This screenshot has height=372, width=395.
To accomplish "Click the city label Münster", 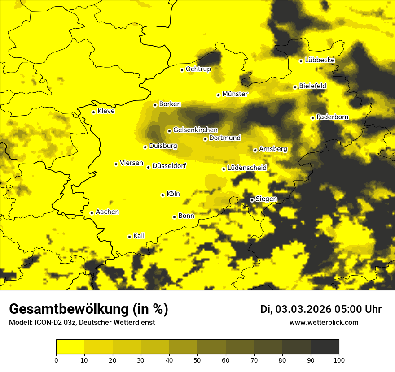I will (x=235, y=94).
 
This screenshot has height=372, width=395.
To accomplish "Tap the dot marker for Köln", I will (x=162, y=195).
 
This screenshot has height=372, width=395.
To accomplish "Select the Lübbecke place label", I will (x=320, y=60).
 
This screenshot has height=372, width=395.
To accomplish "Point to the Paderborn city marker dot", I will (x=312, y=118).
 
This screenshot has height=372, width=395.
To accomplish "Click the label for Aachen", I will (x=107, y=212).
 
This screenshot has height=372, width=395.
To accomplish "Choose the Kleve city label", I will (x=106, y=111).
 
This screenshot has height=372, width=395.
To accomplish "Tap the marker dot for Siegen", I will (x=252, y=200).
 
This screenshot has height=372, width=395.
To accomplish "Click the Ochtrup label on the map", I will (x=198, y=69).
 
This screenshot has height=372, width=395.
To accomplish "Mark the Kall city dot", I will (x=129, y=237).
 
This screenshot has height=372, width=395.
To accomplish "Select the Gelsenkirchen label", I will (x=195, y=130).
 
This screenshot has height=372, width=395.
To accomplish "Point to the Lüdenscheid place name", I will (x=247, y=168).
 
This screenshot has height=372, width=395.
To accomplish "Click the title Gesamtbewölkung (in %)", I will (x=88, y=309).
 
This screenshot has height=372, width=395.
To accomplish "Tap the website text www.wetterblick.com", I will (x=324, y=322).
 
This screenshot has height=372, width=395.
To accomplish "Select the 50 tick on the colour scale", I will (x=197, y=359).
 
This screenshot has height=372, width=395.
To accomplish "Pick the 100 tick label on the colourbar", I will (x=339, y=359).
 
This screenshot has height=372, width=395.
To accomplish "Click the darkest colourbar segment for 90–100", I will (x=325, y=346).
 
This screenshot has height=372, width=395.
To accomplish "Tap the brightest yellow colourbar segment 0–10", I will (x=70, y=346).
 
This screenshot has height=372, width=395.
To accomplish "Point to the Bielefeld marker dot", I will (x=295, y=87).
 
